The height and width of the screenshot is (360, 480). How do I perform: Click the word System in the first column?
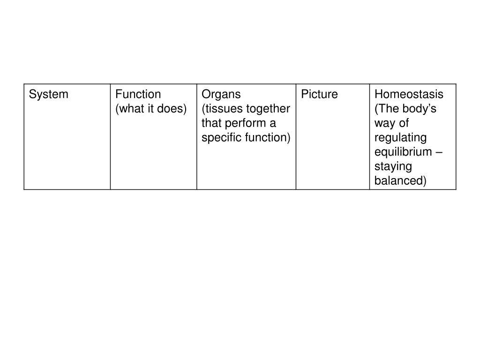(x=48, y=95)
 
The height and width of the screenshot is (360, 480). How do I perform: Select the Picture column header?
(x=319, y=94)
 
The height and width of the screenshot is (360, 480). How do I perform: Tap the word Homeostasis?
(x=409, y=94)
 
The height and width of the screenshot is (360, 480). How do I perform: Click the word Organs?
(x=221, y=95)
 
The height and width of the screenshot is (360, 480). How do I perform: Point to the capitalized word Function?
(x=138, y=94)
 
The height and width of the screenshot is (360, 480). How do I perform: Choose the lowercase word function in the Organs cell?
(x=265, y=137)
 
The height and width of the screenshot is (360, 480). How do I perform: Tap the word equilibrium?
(x=403, y=152)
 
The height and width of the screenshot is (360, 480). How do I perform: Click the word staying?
(x=393, y=167)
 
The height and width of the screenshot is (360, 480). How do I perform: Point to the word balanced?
(x=398, y=180)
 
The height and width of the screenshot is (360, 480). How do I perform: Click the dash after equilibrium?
(x=439, y=152)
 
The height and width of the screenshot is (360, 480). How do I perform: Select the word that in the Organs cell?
(x=211, y=123)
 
